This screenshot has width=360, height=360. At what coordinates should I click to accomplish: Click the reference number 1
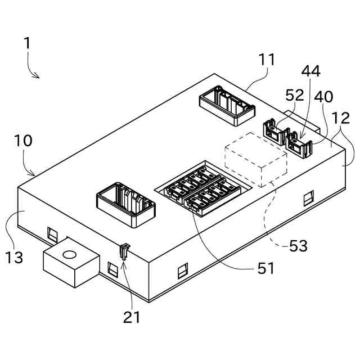coord(27,44)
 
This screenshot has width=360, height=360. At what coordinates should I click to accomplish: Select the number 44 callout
coord(310,71)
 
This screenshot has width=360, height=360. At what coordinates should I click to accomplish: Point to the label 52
coord(295,95)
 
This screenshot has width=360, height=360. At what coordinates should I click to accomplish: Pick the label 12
coord(340,119)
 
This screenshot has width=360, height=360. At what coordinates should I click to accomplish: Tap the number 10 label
coord(23,141)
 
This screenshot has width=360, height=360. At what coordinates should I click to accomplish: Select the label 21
coord(132,317)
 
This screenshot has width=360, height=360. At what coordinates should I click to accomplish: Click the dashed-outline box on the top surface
coord(256,161)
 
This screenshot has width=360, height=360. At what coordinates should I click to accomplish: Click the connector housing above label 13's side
coord(126,202)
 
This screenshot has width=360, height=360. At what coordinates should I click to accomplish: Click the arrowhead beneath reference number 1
coord(37,76)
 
